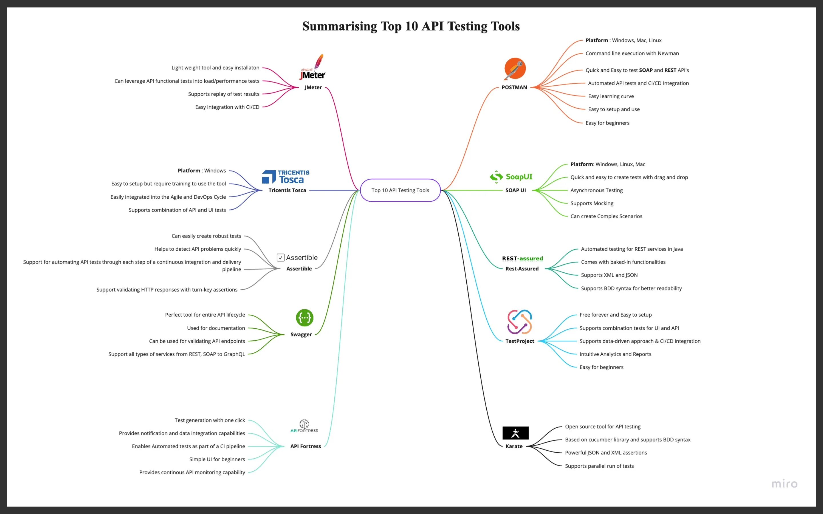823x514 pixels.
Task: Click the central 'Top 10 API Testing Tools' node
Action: click(x=400, y=190)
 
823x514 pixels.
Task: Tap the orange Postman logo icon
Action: click(x=515, y=68)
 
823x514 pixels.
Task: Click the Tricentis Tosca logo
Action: click(x=286, y=177)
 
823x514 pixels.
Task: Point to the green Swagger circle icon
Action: click(x=304, y=318)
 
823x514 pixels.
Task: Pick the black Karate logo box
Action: click(x=515, y=433)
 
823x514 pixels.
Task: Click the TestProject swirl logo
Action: click(x=519, y=322)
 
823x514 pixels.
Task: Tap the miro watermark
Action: click(x=784, y=484)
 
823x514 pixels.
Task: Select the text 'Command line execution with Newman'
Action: click(x=632, y=53)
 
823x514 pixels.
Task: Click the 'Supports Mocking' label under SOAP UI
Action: click(x=592, y=203)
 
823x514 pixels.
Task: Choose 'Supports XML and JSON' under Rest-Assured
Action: click(x=609, y=275)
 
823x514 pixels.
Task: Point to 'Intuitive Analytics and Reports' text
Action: click(x=615, y=354)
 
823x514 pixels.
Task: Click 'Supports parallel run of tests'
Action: click(x=599, y=466)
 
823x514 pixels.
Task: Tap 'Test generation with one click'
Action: click(x=210, y=420)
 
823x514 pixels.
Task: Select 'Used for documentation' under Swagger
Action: click(x=216, y=328)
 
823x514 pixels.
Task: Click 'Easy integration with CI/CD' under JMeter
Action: click(x=227, y=107)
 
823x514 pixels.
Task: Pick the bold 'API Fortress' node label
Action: click(x=305, y=446)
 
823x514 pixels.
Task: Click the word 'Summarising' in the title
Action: click(x=339, y=26)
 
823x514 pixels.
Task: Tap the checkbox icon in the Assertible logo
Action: click(x=281, y=258)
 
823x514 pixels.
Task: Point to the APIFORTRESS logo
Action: click(x=304, y=426)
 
